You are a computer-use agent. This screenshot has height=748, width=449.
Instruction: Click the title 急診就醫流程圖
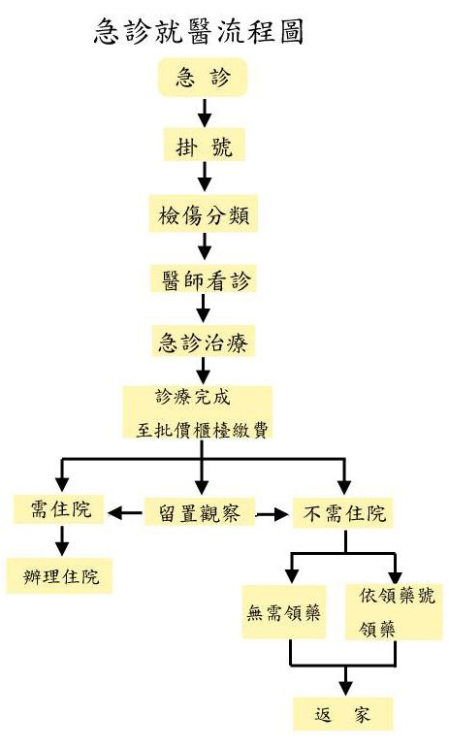[199, 32]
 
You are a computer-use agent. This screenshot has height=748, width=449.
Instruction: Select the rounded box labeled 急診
[203, 78]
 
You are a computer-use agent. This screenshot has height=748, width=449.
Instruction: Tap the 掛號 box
[204, 145]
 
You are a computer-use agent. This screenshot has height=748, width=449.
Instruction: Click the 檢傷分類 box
[204, 213]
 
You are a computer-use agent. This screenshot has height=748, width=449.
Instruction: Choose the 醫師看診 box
[204, 278]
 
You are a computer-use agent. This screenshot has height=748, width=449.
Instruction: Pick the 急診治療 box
[204, 341]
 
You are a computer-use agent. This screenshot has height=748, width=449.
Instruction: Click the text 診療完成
[193, 397]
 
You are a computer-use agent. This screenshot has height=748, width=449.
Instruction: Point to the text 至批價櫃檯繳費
[202, 430]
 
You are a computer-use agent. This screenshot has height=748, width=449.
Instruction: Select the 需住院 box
[58, 509]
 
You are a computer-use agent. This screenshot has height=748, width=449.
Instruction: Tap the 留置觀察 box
[200, 512]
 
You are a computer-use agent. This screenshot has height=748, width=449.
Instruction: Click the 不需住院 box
[343, 513]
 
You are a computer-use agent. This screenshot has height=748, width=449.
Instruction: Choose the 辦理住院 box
[59, 575]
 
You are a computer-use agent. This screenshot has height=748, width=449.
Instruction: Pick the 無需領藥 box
[284, 612]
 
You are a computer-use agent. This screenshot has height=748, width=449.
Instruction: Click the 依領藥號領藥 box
[394, 612]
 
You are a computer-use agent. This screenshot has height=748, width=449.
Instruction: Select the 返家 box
[343, 714]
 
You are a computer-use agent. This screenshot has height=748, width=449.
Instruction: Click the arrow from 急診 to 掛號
[205, 113]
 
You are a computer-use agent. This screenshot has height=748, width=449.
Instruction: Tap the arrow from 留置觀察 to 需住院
[125, 513]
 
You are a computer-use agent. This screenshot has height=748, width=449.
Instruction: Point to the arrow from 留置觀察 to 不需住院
[273, 514]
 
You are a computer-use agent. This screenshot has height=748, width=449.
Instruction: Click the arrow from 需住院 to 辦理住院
[61, 540]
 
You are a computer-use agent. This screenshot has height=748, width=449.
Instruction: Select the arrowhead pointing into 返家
[345, 688]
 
